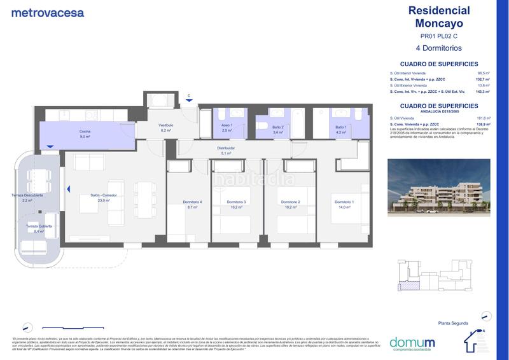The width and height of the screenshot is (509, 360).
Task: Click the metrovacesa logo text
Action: (48, 12)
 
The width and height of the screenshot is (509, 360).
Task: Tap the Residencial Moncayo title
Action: (438, 17)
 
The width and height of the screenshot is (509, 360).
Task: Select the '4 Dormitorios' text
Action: (438, 48)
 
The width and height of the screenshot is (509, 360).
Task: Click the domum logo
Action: (412, 342)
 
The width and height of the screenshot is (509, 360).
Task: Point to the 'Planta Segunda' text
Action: (452, 324)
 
